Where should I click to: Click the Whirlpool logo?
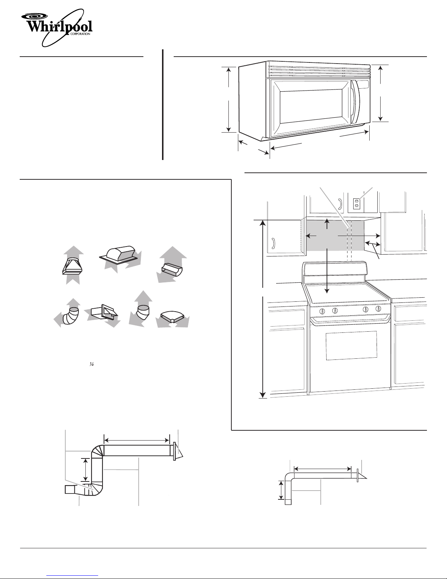57,28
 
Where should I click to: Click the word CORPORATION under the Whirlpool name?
80,34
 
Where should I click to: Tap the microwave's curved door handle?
355,102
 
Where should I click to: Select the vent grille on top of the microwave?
318,71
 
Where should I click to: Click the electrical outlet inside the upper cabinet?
356,204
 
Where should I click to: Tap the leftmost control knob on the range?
322,311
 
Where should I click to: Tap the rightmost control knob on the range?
378,309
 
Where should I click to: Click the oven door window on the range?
351,346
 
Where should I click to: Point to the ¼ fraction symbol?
91,364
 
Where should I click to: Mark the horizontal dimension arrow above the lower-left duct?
136,440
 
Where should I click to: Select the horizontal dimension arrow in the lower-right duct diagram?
323,469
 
